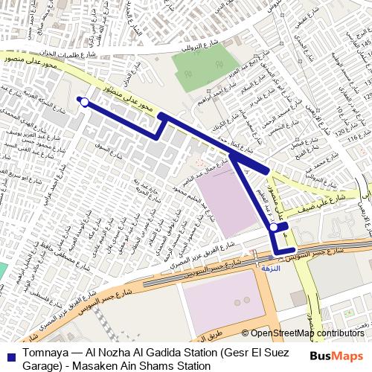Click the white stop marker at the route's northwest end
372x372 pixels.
click(85, 103)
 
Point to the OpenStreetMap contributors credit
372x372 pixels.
click(307, 334)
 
